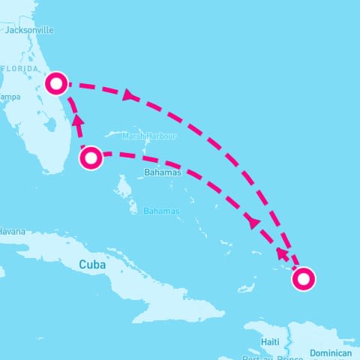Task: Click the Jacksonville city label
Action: (x=29, y=31)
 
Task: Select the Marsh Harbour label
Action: (x=154, y=136)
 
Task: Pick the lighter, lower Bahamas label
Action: (x=161, y=211)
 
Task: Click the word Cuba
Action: (x=93, y=265)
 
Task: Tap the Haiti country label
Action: (x=271, y=342)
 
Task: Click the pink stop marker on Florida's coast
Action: (x=55, y=83)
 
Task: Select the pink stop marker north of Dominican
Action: (x=304, y=280)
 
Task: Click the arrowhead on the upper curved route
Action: (x=130, y=94)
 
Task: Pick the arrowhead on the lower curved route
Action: (x=253, y=223)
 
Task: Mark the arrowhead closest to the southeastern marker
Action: (x=282, y=253)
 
